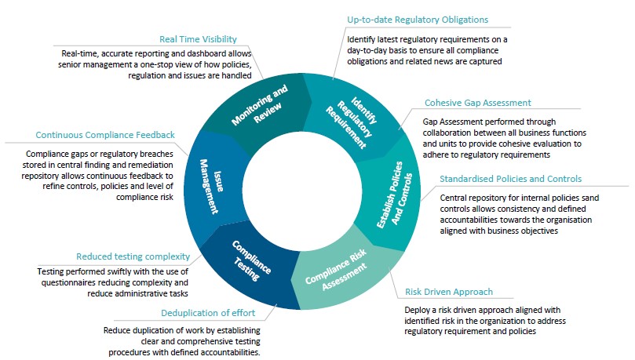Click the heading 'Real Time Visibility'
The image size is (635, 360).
pos(198,38)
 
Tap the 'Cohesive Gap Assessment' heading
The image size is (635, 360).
pos(477,103)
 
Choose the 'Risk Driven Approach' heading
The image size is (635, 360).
pos(449,293)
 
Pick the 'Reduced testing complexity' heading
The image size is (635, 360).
pos(133,256)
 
